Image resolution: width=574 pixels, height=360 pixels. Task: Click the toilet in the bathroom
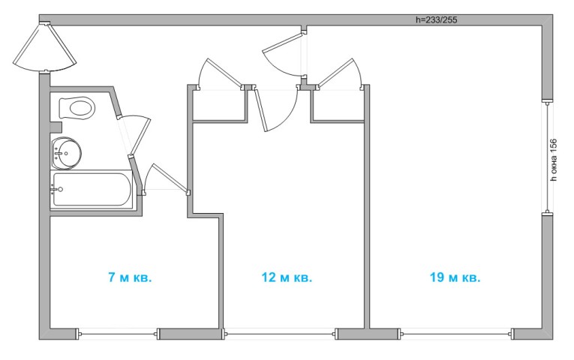77,108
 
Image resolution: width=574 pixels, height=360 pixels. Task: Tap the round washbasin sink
66,153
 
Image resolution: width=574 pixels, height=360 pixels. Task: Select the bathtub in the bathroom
92,190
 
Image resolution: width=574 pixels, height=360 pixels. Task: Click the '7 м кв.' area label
130,277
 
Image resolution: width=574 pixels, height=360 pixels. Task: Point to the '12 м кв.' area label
287,277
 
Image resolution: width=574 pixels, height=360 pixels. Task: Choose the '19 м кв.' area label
455,277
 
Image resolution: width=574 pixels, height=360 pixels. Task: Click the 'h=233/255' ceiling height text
437,19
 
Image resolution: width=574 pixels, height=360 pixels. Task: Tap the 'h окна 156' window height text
554,160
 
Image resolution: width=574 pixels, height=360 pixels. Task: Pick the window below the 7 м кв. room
118,334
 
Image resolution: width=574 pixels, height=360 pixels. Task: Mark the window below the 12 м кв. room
280,334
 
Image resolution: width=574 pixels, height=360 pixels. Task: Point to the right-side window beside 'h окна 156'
547,157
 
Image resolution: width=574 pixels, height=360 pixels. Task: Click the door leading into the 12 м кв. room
276,108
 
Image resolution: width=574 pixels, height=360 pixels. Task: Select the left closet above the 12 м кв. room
218,105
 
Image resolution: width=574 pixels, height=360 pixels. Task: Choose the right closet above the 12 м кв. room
338,105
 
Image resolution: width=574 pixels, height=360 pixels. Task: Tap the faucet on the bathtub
57,189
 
